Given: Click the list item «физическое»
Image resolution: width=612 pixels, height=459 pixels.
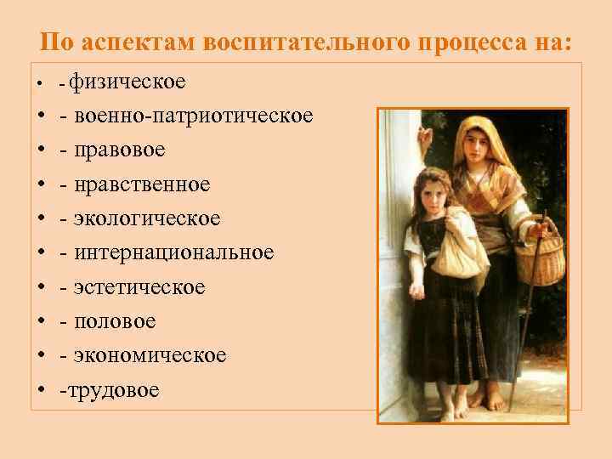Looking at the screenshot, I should [x=127, y=82].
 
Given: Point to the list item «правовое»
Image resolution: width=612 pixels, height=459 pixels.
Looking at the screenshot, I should [x=119, y=150].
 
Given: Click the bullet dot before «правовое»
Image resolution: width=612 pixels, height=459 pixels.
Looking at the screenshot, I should [x=41, y=150].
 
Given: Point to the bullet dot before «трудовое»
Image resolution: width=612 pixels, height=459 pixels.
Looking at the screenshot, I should [x=41, y=391].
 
